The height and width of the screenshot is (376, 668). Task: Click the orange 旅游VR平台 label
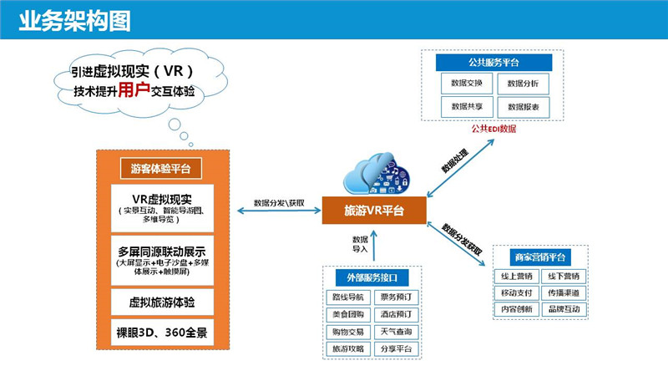tap(374, 211)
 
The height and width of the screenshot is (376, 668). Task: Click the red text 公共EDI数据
tap(493, 129)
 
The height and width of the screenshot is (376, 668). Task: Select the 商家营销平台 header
tap(539, 257)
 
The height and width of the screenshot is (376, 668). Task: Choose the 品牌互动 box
tap(564, 308)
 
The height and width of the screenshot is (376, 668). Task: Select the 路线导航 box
tap(347, 297)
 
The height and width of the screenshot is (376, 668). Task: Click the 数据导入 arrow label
tap(360, 243)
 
